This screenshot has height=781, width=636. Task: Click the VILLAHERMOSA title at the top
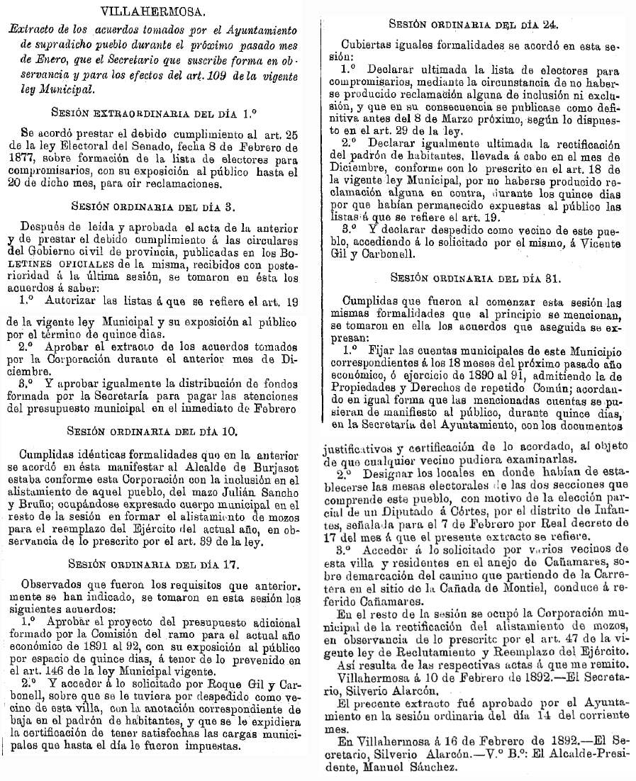click(153, 11)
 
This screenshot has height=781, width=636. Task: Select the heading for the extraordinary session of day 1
click(153, 112)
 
